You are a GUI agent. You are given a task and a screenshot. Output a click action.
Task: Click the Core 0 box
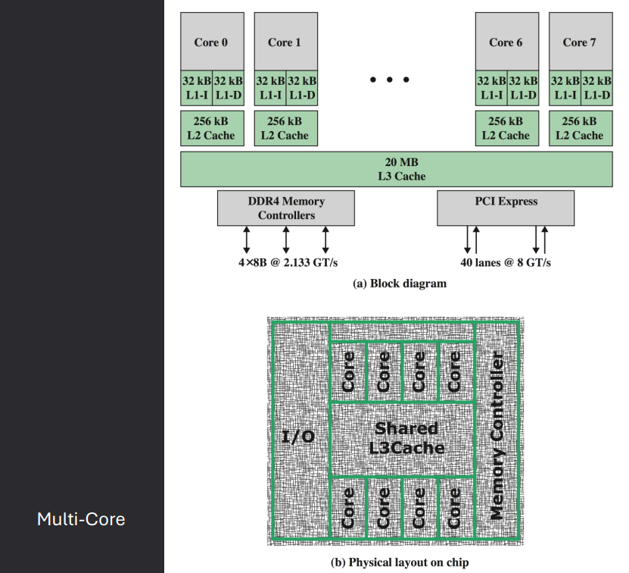pyautogui.click(x=211, y=42)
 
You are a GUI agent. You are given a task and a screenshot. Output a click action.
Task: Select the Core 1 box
pyautogui.click(x=285, y=42)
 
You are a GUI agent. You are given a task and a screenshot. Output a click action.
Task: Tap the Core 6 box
pyautogui.click(x=506, y=42)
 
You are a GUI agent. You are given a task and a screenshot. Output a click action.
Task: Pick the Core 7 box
pyautogui.click(x=579, y=42)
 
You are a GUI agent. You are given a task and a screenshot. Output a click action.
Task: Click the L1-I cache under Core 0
pyautogui.click(x=196, y=87)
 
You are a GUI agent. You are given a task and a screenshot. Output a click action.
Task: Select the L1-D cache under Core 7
pyautogui.click(x=596, y=87)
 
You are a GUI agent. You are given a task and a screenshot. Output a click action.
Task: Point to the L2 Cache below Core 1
pyautogui.click(x=285, y=128)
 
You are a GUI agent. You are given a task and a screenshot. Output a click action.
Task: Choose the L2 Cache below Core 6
pyautogui.click(x=506, y=128)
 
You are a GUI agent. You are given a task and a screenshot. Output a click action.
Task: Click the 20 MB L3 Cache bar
pyautogui.click(x=396, y=169)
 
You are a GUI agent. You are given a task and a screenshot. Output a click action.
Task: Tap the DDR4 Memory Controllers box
pyautogui.click(x=285, y=208)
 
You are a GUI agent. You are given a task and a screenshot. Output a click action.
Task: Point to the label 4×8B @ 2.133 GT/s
pyautogui.click(x=285, y=262)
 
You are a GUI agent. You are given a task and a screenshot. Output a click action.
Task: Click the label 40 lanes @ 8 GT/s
pyautogui.click(x=506, y=262)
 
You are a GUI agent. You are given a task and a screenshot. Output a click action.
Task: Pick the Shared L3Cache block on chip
pyautogui.click(x=403, y=437)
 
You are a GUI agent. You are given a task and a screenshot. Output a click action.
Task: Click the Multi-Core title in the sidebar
pyautogui.click(x=81, y=519)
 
